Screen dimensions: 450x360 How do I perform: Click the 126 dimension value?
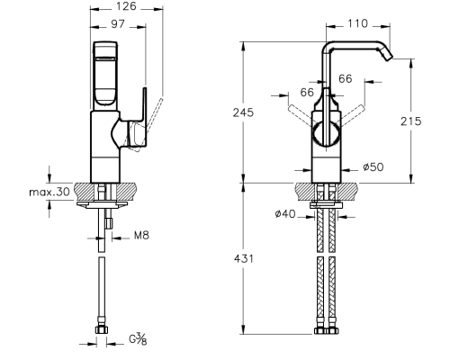126,6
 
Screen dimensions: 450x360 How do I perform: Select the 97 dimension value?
118,24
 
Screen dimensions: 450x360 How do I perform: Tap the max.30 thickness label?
49,192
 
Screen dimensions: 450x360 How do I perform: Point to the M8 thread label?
141,235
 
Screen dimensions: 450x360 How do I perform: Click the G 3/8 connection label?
139,339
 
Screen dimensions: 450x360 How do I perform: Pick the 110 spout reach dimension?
357,23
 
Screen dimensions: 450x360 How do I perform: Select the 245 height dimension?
243,112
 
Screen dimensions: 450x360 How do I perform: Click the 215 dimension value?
411,121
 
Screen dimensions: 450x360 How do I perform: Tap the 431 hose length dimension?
244,258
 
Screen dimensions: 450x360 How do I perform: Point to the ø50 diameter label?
373,167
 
